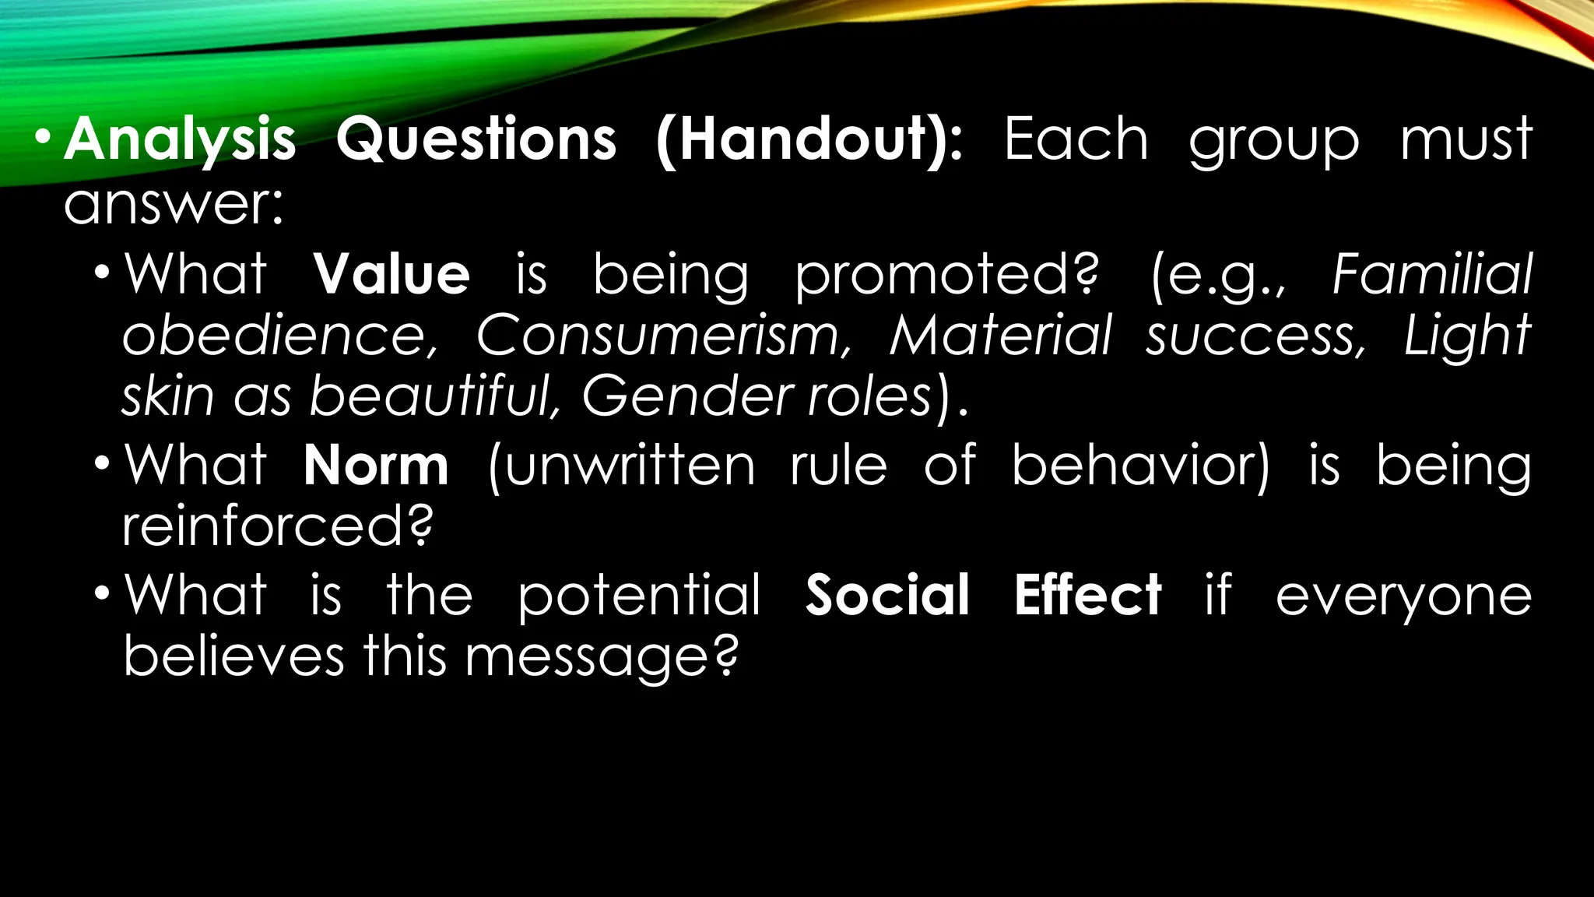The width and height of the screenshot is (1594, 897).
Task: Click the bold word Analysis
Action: click(x=180, y=140)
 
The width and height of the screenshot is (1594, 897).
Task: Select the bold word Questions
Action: click(x=476, y=140)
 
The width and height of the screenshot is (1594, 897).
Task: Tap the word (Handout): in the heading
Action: click(x=809, y=140)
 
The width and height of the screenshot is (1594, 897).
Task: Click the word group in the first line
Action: click(x=1273, y=142)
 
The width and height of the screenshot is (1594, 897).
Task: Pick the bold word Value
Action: click(x=391, y=274)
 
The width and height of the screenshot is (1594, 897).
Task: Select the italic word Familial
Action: click(x=1432, y=273)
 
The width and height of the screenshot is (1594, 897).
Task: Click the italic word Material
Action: click(x=1001, y=335)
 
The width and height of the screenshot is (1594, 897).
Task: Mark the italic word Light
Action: click(x=1468, y=336)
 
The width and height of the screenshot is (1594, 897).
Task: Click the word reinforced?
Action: click(x=278, y=526)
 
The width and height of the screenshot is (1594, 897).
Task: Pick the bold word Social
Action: click(x=887, y=595)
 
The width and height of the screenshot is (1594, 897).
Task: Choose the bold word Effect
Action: click(x=1087, y=595)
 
